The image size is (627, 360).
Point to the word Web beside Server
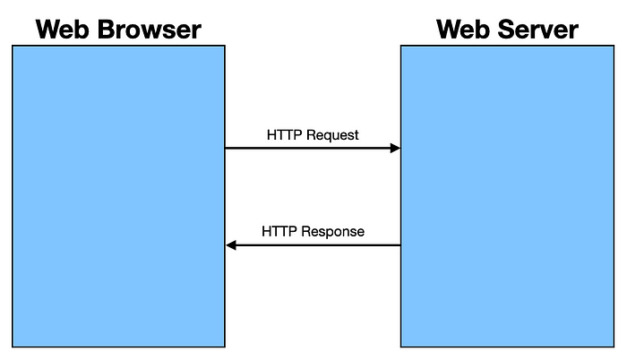(x=460, y=30)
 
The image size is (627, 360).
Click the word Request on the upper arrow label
(x=333, y=135)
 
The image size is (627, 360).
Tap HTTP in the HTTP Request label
(x=286, y=135)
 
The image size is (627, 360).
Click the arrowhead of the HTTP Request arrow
(x=395, y=148)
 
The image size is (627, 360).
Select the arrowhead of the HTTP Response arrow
(x=231, y=244)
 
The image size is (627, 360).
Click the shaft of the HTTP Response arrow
(x=313, y=244)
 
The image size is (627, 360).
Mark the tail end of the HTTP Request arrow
(x=228, y=148)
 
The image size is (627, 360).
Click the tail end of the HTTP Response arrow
(x=398, y=244)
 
